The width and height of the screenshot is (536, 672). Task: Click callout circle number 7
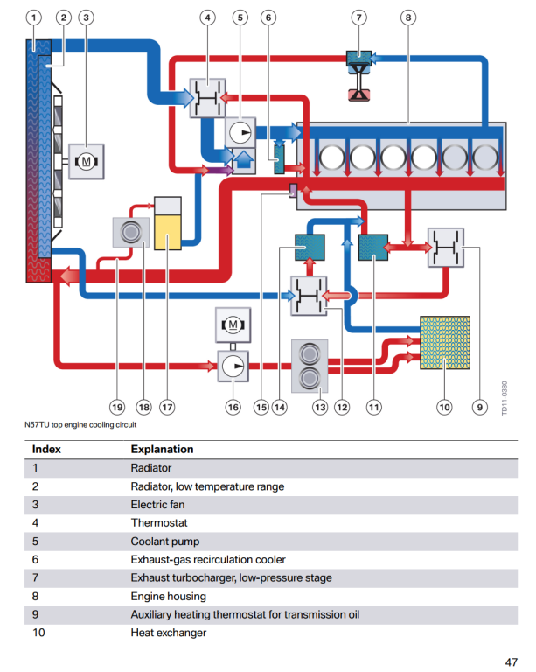359,17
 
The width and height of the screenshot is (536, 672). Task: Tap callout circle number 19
116,406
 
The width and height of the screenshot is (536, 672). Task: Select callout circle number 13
320,406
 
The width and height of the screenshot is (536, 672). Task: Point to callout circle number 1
34,17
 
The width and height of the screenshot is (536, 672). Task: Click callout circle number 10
444,406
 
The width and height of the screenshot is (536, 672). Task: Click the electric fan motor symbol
87,161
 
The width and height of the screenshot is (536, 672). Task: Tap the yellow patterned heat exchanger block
445,342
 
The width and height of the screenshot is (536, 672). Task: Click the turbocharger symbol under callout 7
358,73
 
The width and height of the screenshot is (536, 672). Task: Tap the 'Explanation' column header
162,450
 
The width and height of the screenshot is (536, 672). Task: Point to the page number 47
512,661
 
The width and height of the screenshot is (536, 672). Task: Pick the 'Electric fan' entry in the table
157,505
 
